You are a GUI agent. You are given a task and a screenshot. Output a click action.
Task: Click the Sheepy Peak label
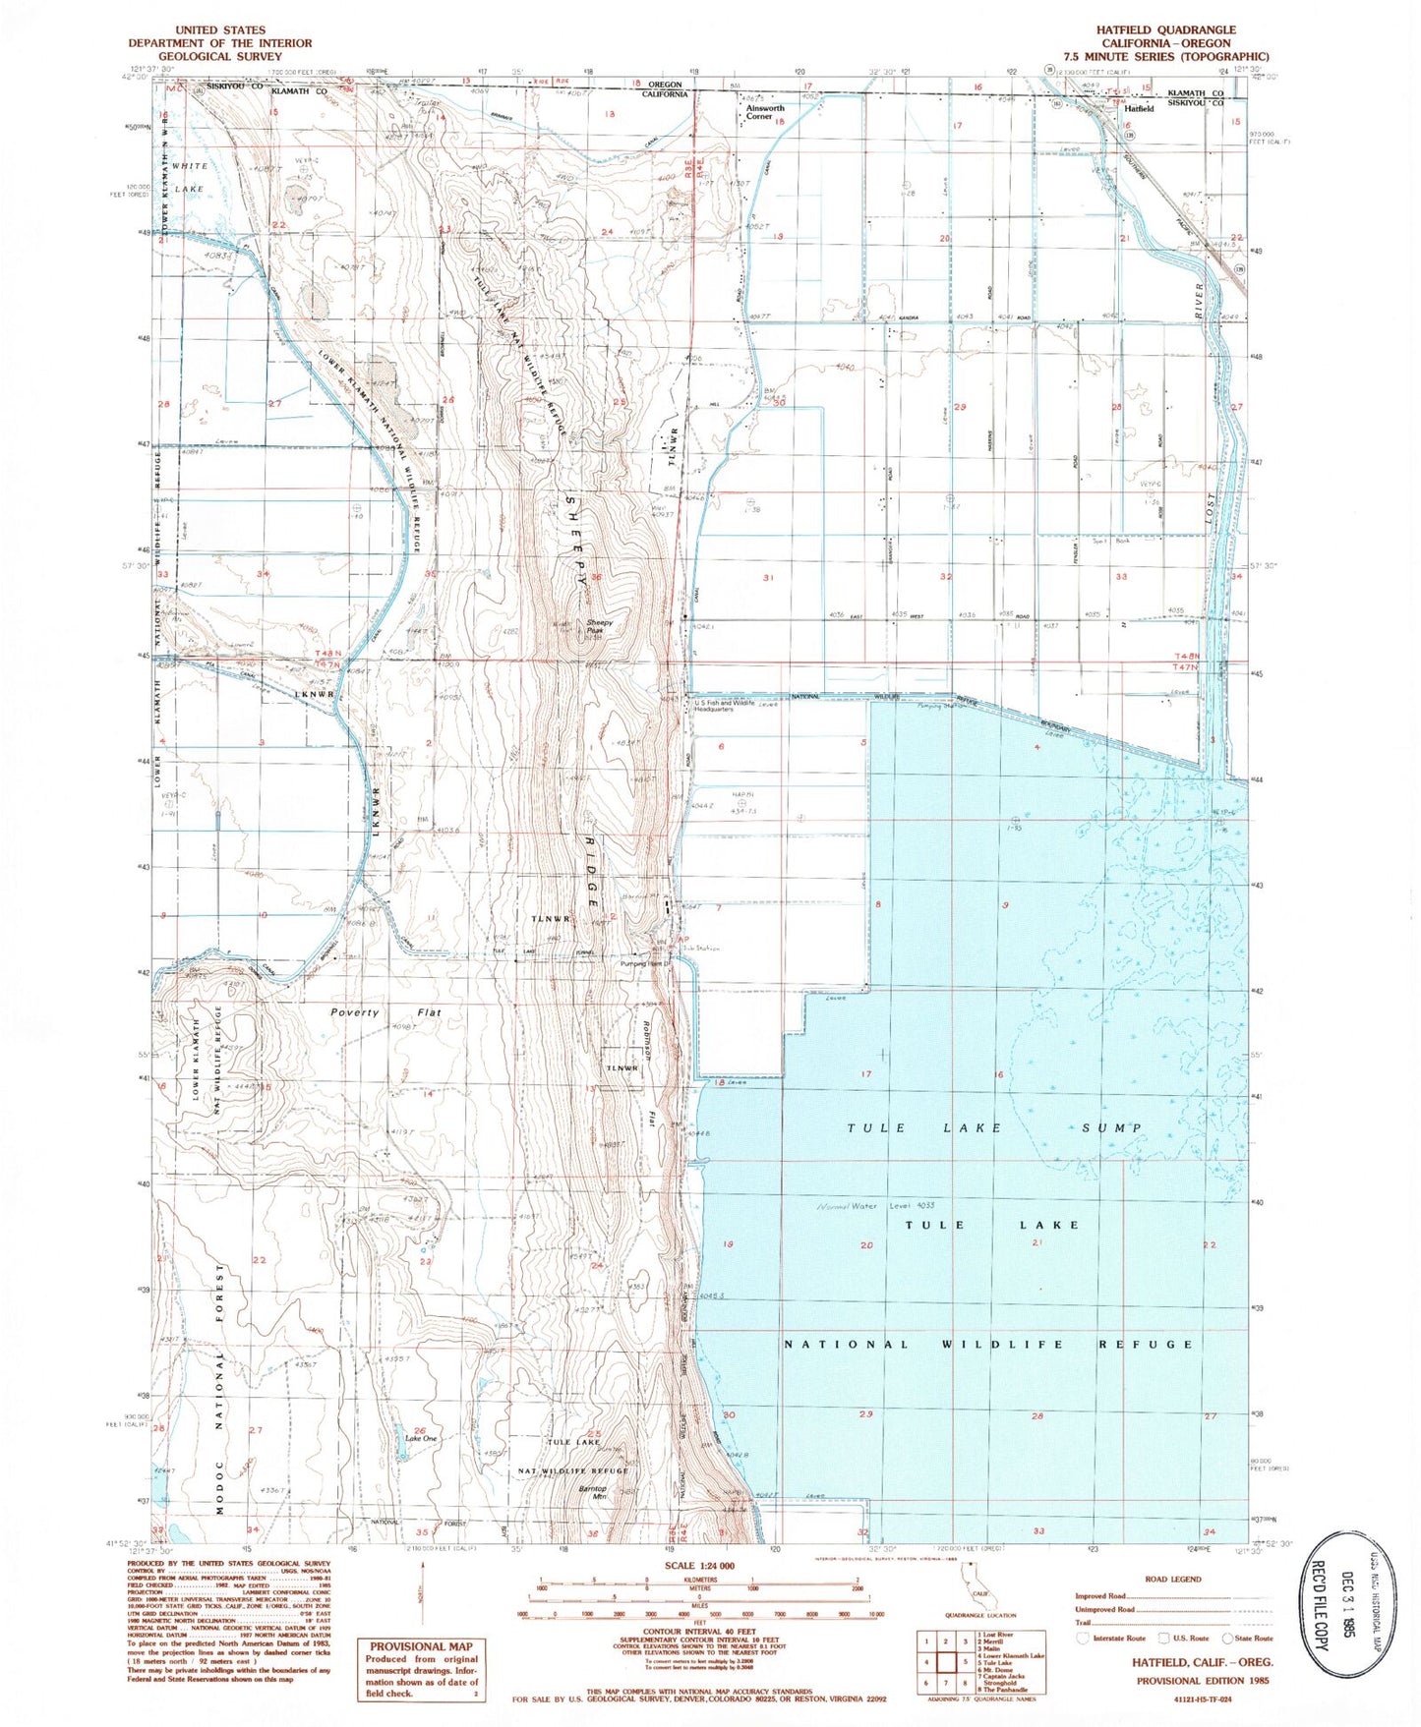599,626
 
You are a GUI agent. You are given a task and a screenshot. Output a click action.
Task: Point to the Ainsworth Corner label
764,112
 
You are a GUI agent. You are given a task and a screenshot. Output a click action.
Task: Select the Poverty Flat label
385,1012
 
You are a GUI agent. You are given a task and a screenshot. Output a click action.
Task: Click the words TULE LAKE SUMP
994,1128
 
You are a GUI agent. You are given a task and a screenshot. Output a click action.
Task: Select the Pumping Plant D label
645,964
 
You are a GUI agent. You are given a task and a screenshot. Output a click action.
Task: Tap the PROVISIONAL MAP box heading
420,1646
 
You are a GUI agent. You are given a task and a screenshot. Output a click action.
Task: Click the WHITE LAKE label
189,177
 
